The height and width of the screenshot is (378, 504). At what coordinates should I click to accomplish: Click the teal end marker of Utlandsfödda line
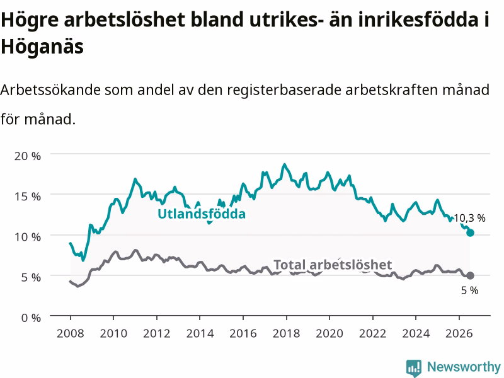click(470, 232)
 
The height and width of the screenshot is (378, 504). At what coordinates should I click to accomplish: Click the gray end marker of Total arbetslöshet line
click(470, 275)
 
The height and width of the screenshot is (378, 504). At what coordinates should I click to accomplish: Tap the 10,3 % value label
click(469, 218)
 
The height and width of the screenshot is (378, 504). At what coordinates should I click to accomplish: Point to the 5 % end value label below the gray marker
click(469, 290)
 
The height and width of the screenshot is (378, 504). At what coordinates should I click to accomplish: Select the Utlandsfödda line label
click(202, 214)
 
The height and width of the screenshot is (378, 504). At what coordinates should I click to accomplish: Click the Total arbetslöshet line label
click(333, 265)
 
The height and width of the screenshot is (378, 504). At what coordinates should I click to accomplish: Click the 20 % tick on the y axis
click(28, 156)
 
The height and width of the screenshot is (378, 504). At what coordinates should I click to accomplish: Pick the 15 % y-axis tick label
click(28, 197)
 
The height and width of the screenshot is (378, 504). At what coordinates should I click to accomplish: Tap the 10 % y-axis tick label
click(28, 237)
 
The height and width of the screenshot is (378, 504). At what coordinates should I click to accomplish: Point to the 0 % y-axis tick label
click(31, 318)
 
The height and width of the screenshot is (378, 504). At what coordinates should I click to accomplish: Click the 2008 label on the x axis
click(71, 333)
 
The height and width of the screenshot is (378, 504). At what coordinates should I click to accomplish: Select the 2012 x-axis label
click(156, 333)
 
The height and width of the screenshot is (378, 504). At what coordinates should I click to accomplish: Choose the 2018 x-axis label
click(287, 333)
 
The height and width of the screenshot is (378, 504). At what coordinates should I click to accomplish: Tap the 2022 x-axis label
click(372, 333)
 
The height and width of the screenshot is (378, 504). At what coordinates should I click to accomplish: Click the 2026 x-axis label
click(459, 333)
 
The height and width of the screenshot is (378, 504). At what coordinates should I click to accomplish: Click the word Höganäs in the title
click(42, 47)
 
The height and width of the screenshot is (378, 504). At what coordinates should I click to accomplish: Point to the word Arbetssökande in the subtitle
click(50, 89)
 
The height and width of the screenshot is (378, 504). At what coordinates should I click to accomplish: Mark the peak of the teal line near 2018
click(284, 164)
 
